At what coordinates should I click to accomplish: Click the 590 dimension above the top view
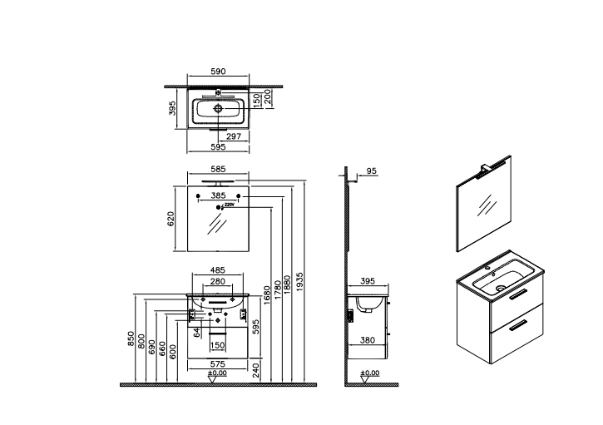pyautogui.click(x=217, y=72)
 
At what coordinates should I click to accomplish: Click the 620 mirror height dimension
pyautogui.click(x=171, y=219)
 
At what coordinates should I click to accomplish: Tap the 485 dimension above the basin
pyautogui.click(x=217, y=269)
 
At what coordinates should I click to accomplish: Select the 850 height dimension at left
pyautogui.click(x=131, y=339)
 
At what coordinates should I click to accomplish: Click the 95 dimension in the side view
pyautogui.click(x=372, y=170)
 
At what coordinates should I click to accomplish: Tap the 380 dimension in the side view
pyautogui.click(x=366, y=339)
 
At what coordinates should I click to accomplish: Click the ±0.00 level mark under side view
pyautogui.click(x=371, y=374)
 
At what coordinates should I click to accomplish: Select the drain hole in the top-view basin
pyautogui.click(x=217, y=109)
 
